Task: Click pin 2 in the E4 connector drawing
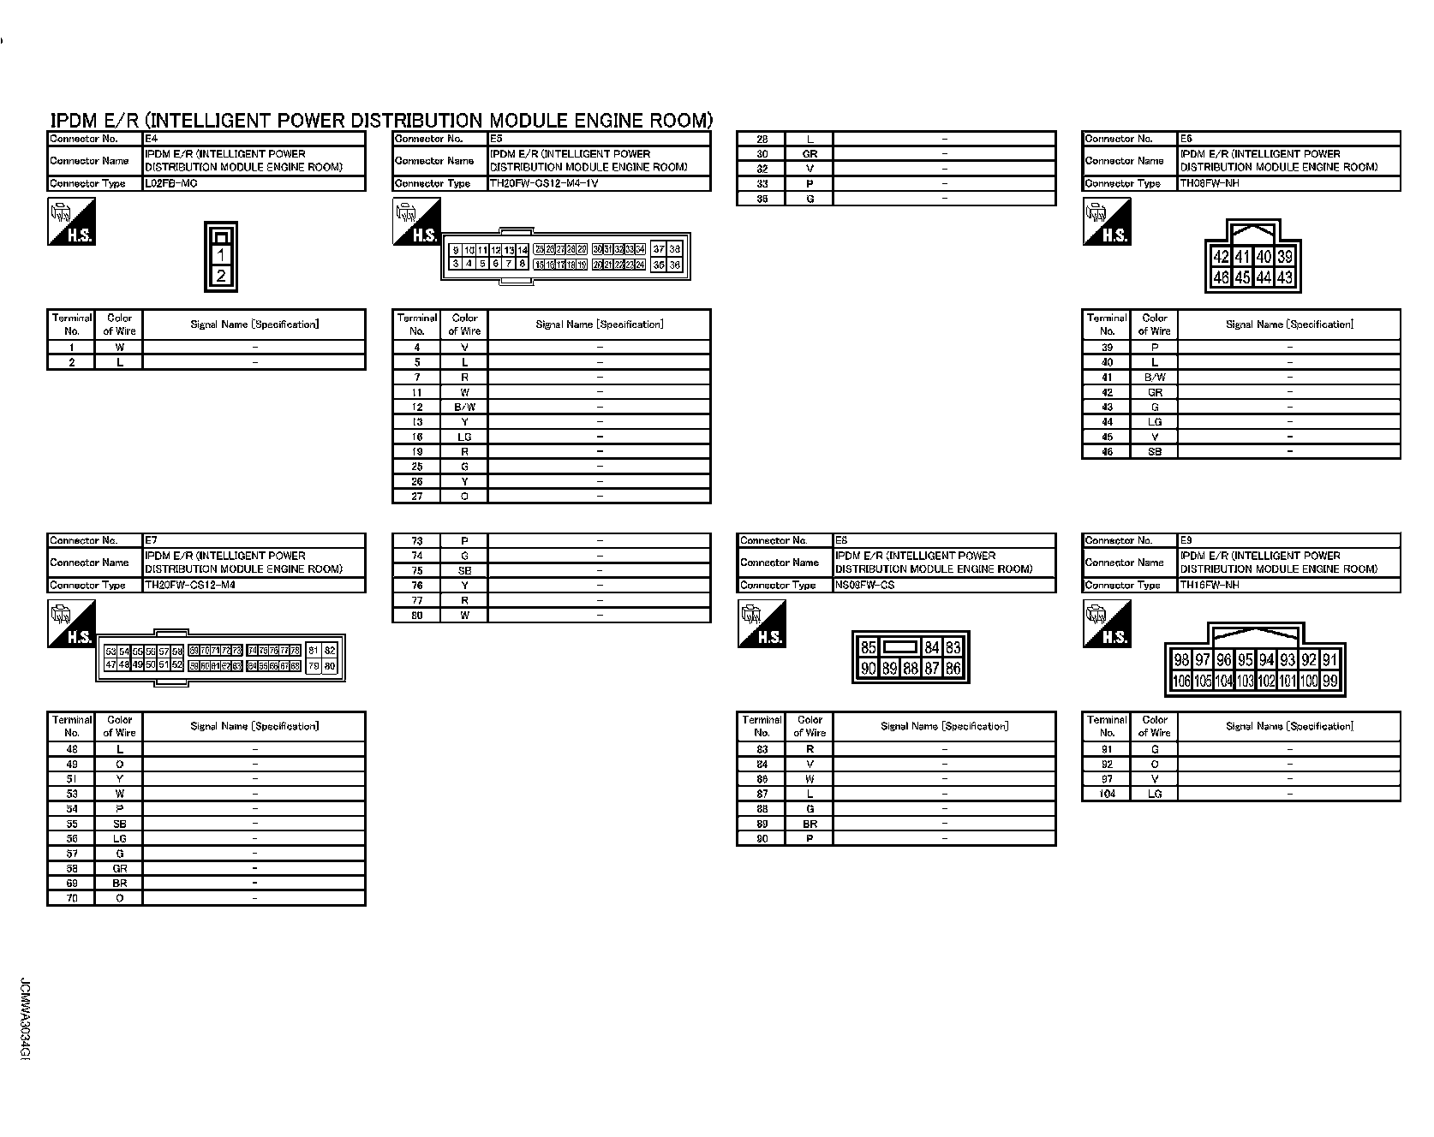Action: [221, 276]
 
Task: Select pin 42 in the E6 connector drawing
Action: [1222, 257]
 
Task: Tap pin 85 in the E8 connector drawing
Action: [868, 648]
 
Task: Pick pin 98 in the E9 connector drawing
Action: [1181, 659]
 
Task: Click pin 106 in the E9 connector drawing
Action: [1181, 682]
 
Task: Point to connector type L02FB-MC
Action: [170, 183]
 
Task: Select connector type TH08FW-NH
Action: [1209, 183]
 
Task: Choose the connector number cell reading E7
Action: [151, 540]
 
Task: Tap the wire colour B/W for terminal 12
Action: [464, 407]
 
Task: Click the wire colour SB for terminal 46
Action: [1155, 451]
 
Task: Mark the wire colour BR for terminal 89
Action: [810, 824]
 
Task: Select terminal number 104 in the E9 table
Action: [1107, 794]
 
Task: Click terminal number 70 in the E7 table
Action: [72, 898]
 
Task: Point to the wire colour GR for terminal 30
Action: [810, 154]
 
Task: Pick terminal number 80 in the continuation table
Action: [417, 615]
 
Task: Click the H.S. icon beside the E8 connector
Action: [761, 623]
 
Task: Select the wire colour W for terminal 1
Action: [120, 348]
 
